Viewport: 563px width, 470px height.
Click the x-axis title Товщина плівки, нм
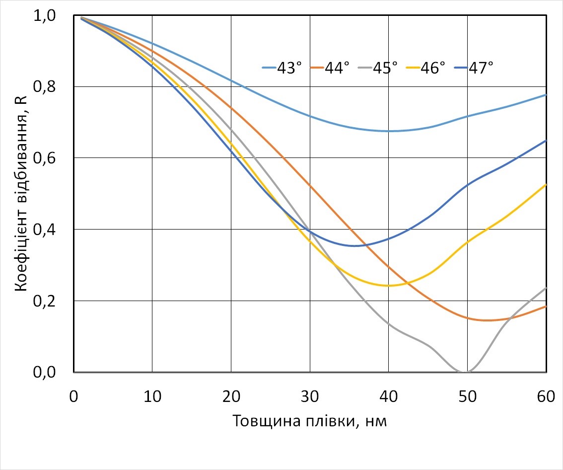(310, 421)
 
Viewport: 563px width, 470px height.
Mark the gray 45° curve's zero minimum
(465, 372)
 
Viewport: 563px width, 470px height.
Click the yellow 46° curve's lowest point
(389, 286)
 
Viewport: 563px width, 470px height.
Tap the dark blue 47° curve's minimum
(354, 245)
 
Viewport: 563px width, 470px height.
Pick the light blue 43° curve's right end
(546, 94)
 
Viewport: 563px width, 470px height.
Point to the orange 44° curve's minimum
(488, 320)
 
